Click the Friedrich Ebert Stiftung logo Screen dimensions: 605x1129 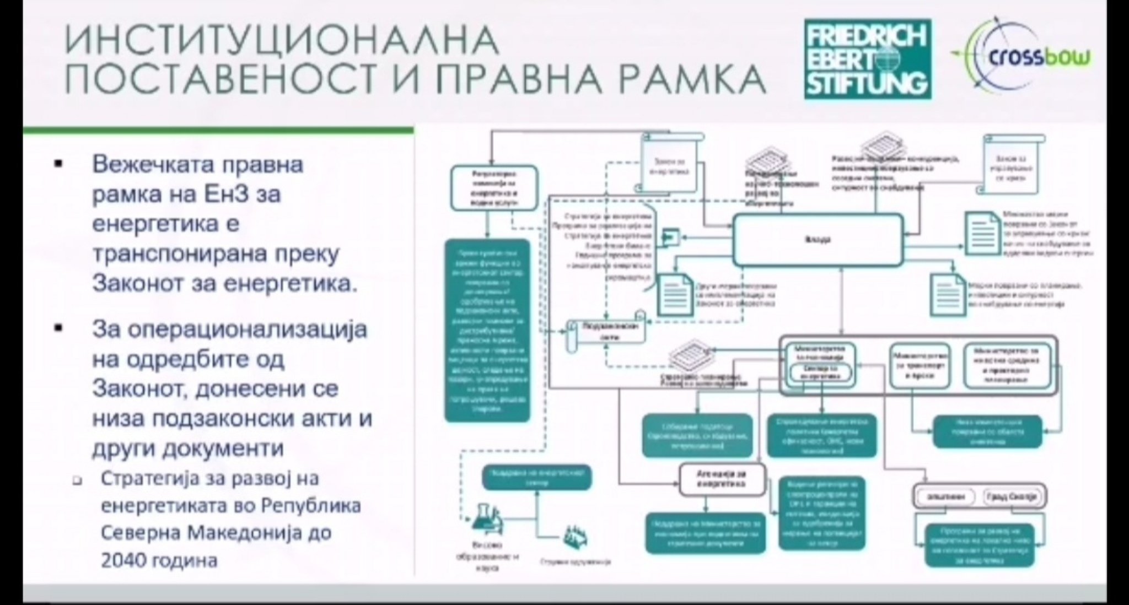click(867, 59)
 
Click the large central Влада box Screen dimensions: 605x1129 click(818, 240)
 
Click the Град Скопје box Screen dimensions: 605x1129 click(1013, 496)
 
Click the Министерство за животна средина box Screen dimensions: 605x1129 click(1007, 365)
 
